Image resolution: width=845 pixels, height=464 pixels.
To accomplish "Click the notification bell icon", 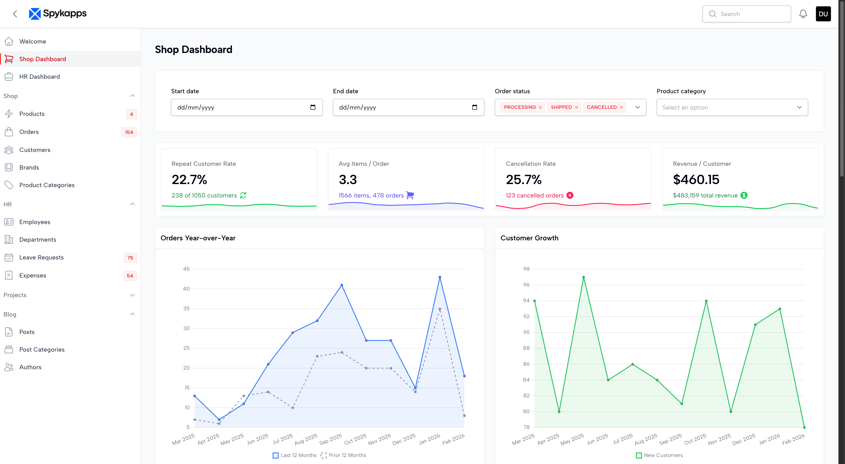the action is (803, 14).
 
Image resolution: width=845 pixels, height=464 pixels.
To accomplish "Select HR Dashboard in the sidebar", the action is (39, 76).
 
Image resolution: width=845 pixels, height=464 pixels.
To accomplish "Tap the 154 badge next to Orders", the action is (129, 132).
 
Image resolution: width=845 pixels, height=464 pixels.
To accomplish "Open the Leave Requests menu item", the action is (41, 258).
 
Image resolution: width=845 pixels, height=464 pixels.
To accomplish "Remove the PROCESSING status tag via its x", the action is (540, 107).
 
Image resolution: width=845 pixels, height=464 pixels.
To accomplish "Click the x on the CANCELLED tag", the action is (621, 107).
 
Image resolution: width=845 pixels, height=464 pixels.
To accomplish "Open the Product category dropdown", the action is (732, 107).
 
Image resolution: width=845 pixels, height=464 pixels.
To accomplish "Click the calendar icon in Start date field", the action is (313, 107).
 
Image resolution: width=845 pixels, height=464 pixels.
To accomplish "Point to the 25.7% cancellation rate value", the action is (524, 179).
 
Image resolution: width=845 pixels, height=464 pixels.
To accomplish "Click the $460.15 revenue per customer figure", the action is (696, 179).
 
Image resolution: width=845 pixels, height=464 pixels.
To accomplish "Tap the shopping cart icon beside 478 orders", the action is (410, 195).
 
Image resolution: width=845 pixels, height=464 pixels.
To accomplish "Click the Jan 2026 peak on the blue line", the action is (440, 277).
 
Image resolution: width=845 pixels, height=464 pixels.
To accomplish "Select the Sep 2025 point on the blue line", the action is (342, 285).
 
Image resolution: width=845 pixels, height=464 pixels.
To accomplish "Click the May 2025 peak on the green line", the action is (584, 277).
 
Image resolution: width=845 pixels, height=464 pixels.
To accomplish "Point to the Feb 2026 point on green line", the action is (804, 427).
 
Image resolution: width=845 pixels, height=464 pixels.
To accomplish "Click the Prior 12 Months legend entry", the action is (344, 455).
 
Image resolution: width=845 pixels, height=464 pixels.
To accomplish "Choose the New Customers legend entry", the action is (659, 455).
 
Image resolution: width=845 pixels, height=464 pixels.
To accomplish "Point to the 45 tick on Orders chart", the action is (186, 269).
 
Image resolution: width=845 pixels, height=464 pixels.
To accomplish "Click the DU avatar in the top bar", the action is (823, 14).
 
